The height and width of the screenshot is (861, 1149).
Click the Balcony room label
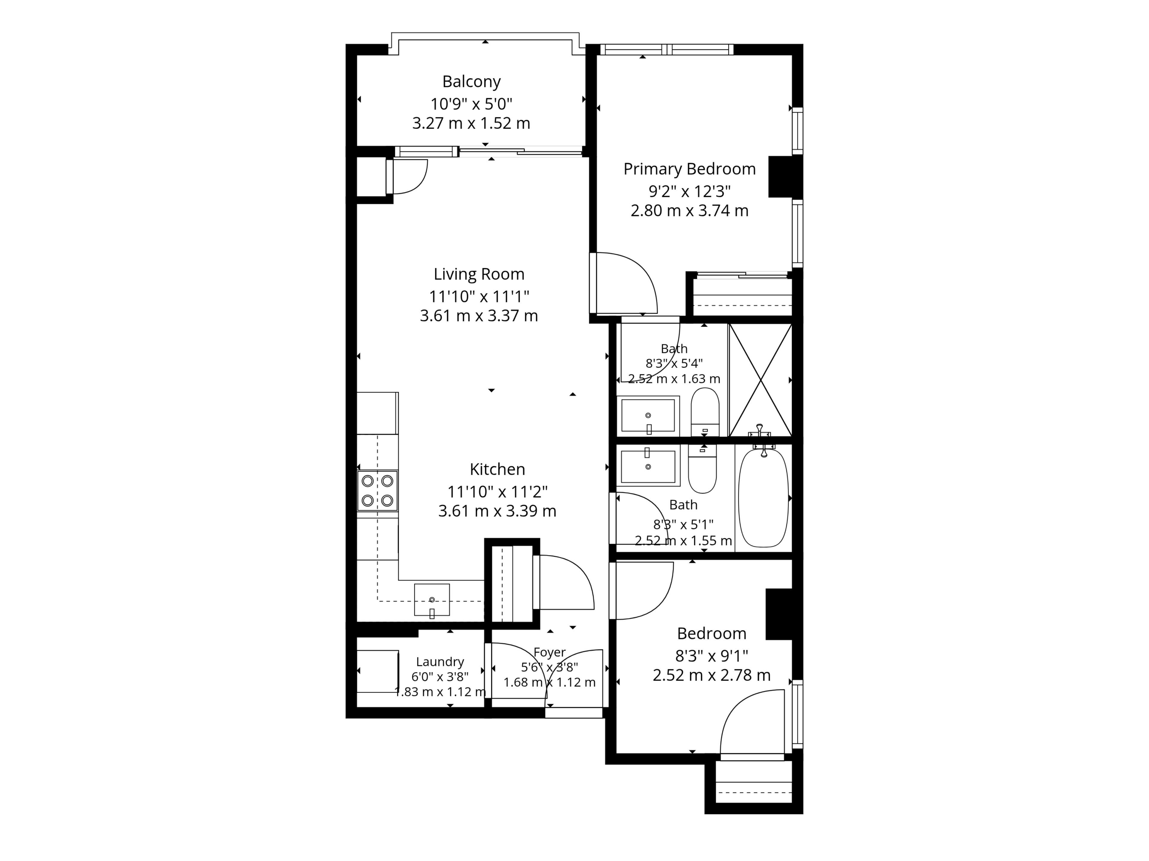coord(471,82)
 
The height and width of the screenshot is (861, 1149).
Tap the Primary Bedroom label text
coord(689,169)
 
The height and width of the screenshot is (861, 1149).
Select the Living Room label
coord(479,274)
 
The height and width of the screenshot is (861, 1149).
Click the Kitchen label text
coord(497,469)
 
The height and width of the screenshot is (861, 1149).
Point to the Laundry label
coord(440,662)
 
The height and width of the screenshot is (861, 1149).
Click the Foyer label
coord(550,652)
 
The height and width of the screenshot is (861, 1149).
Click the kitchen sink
coord(432,600)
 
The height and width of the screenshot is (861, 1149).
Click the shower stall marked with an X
coord(760,380)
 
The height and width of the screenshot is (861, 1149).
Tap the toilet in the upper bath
coord(705,412)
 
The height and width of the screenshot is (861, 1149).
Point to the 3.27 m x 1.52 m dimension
coord(471,123)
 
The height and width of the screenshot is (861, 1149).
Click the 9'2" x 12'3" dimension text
coord(689,192)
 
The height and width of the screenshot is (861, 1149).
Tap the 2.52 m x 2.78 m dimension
coord(712,675)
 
